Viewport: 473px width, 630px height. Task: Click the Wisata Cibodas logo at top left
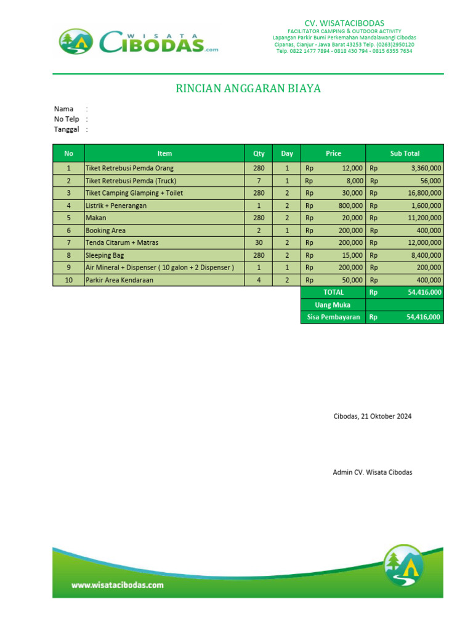click(x=139, y=42)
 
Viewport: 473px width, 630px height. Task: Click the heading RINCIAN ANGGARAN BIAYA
click(x=248, y=89)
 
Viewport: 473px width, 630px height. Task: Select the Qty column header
click(x=259, y=153)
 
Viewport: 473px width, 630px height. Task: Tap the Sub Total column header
click(x=405, y=153)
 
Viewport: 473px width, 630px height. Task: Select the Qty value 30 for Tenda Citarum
click(x=259, y=242)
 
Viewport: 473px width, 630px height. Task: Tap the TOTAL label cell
click(x=333, y=292)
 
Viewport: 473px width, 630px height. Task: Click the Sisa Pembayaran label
click(x=333, y=317)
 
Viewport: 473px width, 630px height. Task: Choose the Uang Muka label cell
click(x=333, y=305)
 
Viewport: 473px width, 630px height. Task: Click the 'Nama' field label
click(x=63, y=109)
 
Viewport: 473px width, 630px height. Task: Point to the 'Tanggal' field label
click(x=67, y=129)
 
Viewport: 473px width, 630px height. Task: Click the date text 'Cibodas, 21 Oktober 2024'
click(x=372, y=417)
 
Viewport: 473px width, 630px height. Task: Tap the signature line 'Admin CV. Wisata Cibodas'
click(x=372, y=472)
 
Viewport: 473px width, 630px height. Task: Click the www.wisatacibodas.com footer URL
click(x=118, y=585)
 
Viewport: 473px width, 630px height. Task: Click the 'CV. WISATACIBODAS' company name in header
click(x=344, y=23)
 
